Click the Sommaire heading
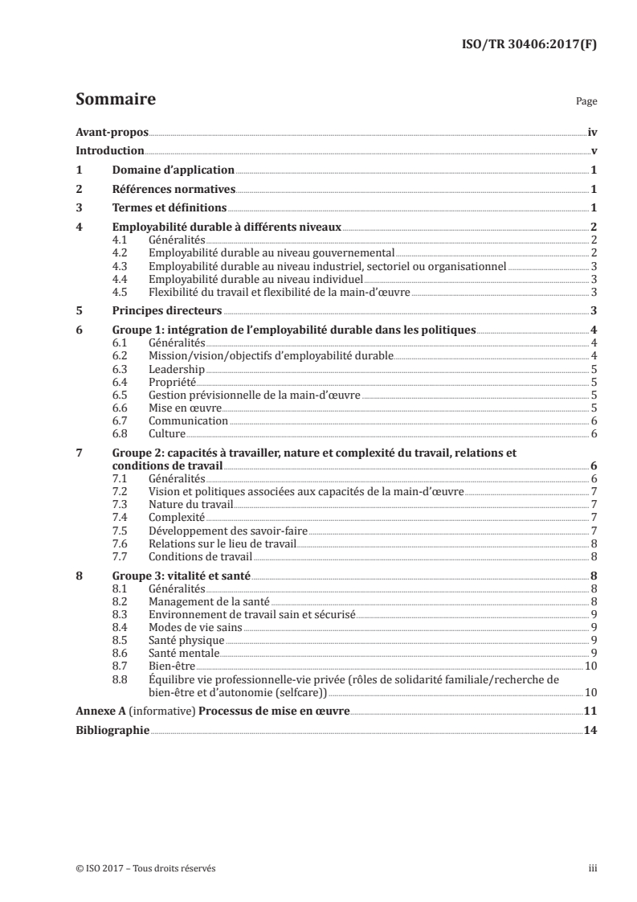pos(115,100)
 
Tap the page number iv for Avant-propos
pos(592,133)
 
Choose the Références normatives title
pos(174,190)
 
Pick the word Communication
pos(189,420)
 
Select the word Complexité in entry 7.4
pos(177,517)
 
